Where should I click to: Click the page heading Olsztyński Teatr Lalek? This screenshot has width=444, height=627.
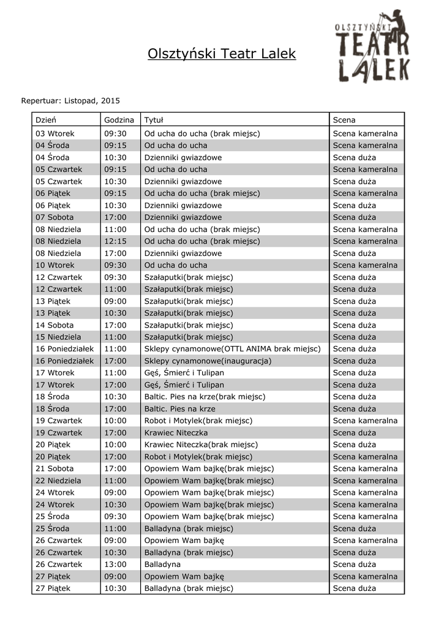point(222,54)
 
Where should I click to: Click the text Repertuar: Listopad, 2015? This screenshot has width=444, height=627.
point(70,100)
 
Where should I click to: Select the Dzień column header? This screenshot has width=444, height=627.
point(46,119)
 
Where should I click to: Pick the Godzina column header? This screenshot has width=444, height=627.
point(119,119)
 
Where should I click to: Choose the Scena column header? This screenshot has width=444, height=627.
point(344,119)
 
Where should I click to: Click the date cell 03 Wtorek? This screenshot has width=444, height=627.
point(55,133)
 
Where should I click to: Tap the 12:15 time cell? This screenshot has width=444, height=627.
point(115,241)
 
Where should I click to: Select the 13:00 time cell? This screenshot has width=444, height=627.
point(115,565)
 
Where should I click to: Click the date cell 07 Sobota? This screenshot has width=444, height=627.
point(55,217)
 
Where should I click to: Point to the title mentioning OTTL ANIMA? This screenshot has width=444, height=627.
point(232,349)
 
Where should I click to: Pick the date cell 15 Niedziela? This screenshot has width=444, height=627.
point(58,337)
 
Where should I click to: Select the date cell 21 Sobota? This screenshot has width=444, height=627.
point(55,469)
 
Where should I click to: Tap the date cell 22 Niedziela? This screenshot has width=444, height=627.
point(58,481)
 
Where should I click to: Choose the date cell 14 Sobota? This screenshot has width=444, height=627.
point(55,325)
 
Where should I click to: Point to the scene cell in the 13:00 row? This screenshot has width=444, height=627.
point(355,565)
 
